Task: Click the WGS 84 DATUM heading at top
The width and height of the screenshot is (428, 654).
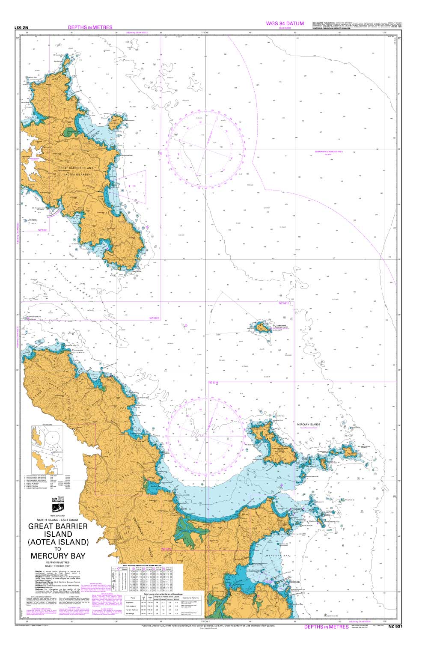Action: [x=285, y=24]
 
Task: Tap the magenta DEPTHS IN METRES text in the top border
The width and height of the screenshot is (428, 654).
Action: [x=90, y=27]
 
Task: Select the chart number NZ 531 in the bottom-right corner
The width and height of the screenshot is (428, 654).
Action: [x=395, y=627]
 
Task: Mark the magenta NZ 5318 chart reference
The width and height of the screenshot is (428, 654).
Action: [x=213, y=382]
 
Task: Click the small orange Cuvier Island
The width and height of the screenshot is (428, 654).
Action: [x=261, y=328]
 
